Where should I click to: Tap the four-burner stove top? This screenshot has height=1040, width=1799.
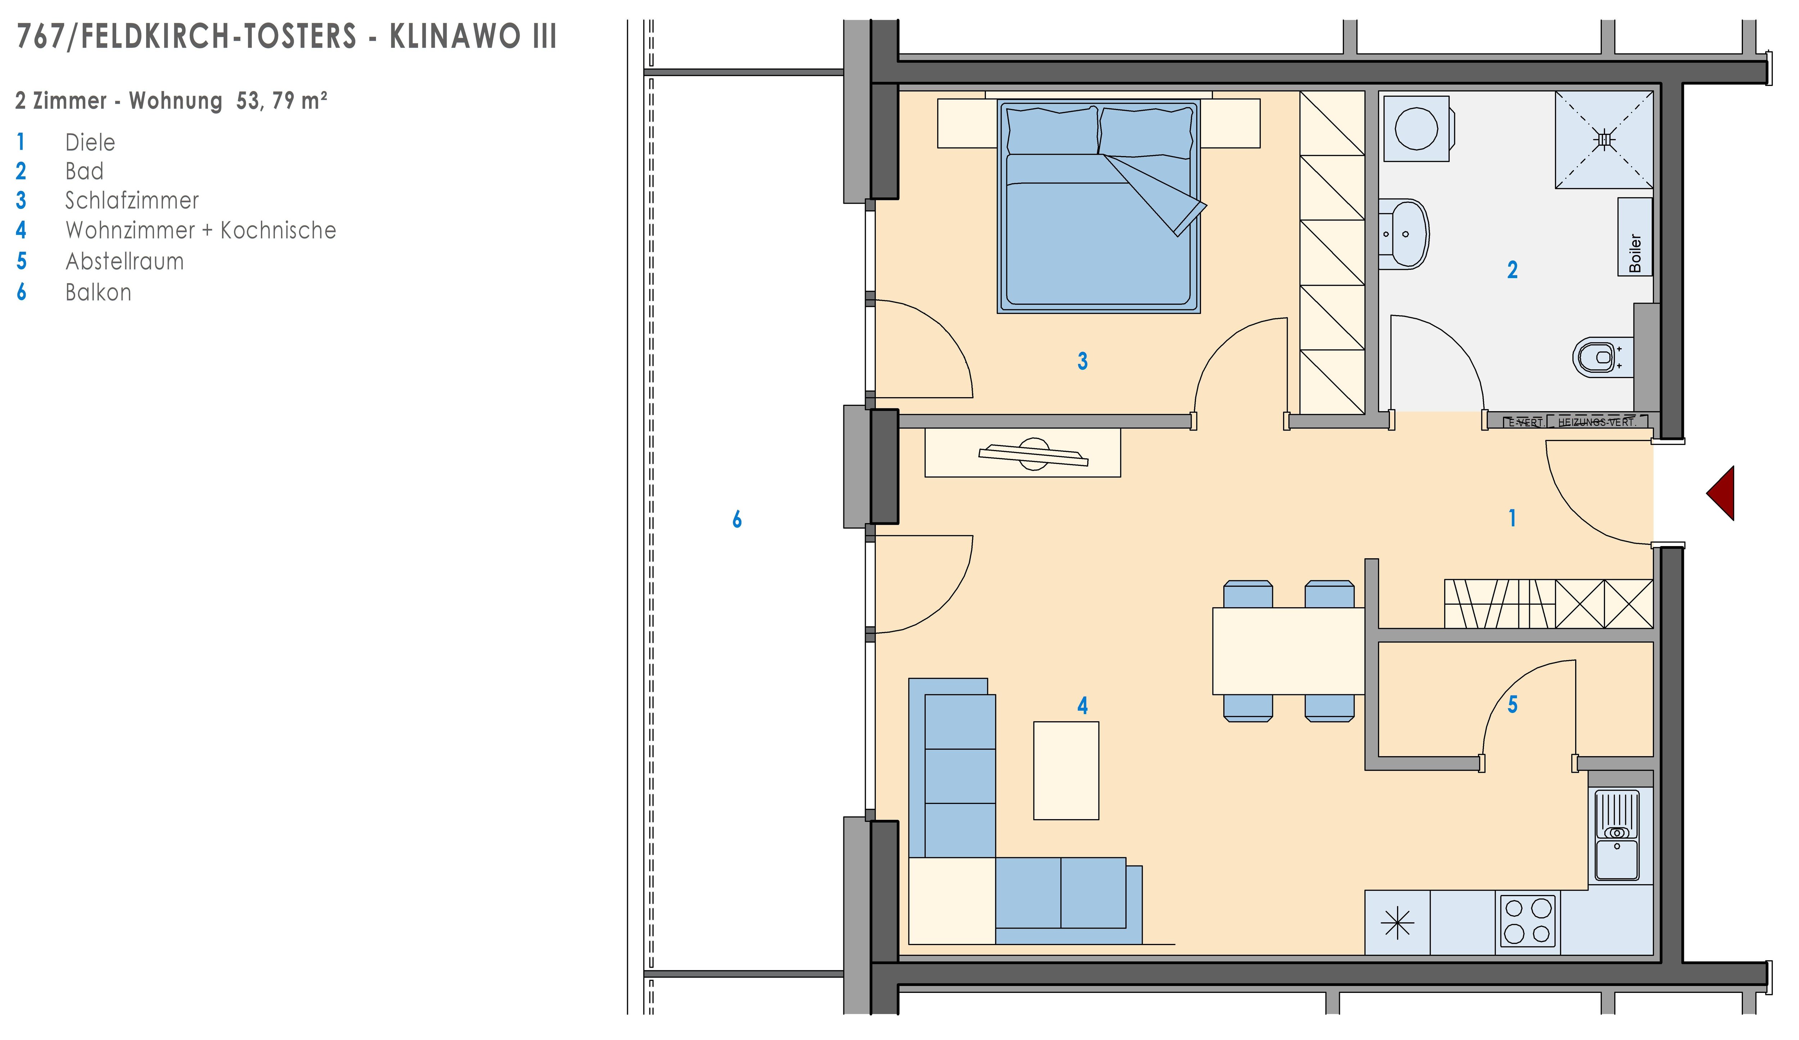(x=1528, y=921)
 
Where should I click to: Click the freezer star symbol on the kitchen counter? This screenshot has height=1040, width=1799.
(x=1397, y=924)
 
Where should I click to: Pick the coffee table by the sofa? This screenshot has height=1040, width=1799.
(x=1066, y=770)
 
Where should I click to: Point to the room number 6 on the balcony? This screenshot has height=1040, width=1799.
(x=737, y=519)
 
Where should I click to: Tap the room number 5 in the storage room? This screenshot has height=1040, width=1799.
(x=1512, y=704)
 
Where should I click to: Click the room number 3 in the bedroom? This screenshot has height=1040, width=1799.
(x=1082, y=361)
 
